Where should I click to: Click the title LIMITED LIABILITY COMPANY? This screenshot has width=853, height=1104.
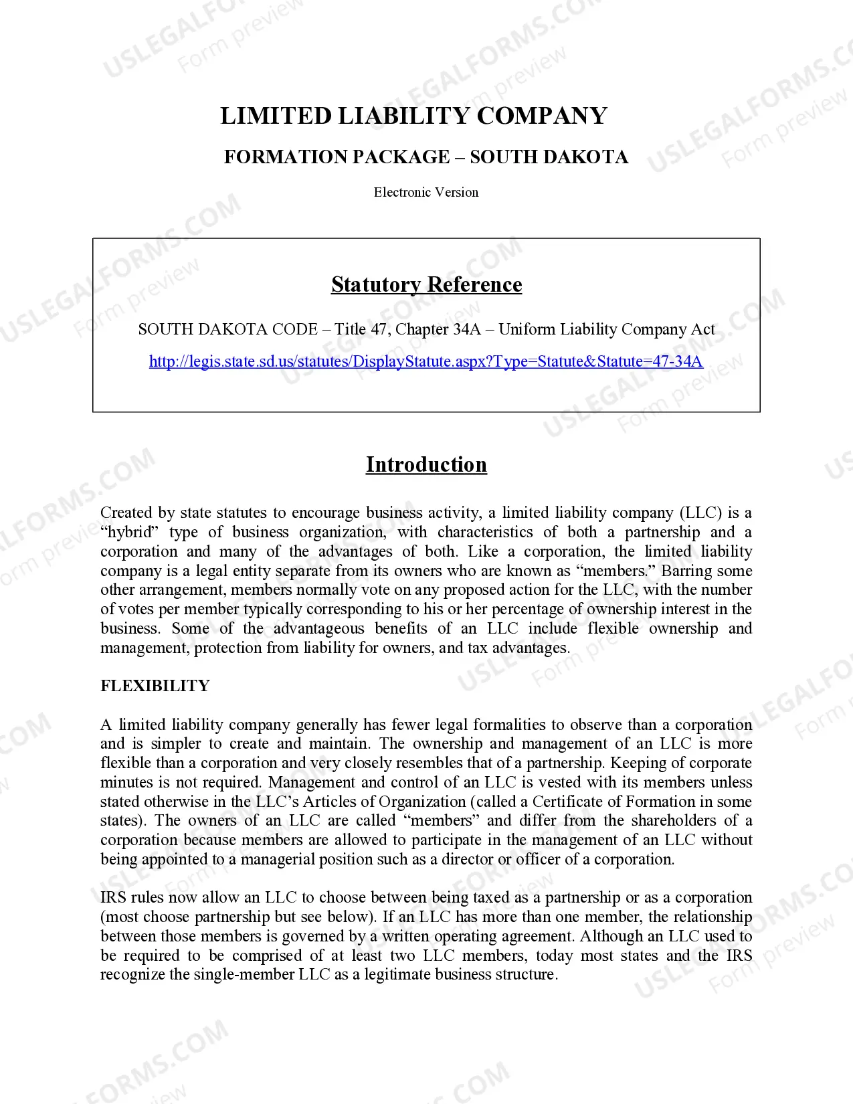tap(413, 116)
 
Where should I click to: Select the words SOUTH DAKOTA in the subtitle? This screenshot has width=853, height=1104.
tap(549, 157)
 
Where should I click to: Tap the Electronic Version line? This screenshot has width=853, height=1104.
tap(426, 193)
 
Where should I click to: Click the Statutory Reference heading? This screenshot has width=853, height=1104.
tap(426, 285)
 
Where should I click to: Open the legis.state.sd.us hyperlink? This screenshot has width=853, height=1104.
tap(426, 362)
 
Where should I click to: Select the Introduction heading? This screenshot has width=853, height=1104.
tap(426, 465)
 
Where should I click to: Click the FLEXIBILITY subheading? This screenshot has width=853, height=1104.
tap(155, 686)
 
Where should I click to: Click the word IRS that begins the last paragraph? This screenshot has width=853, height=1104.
tap(113, 898)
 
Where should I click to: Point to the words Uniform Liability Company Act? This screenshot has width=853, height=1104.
tap(606, 329)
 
